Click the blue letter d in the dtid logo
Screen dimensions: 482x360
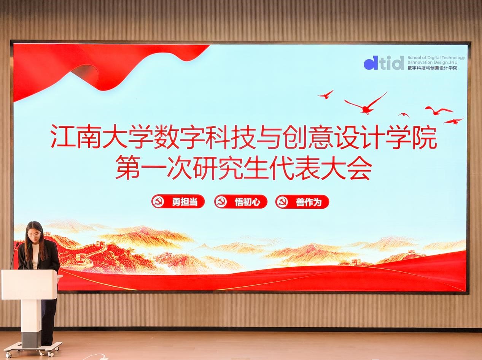371,63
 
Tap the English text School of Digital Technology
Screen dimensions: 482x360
436,58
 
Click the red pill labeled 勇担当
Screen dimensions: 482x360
178,201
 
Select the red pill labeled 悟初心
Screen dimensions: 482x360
241,201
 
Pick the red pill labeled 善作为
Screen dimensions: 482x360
302,201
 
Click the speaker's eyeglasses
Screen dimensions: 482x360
34,235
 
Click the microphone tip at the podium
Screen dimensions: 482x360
17,244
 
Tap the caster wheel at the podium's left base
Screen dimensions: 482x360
8,355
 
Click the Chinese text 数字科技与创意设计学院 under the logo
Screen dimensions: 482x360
433,68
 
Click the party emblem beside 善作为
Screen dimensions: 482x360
282,201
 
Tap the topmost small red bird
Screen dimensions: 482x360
326,94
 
